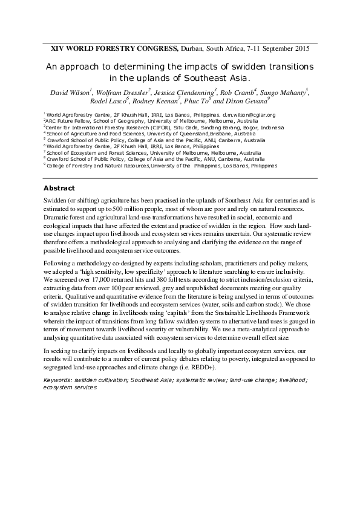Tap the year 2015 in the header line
click(x=301, y=48)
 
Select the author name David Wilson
click(x=71, y=91)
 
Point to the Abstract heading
click(x=59, y=188)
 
